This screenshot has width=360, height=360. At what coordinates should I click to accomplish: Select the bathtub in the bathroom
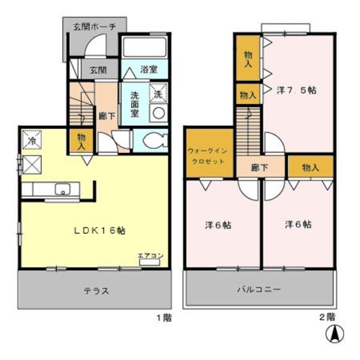145,49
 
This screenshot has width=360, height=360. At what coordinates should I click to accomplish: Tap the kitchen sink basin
61,190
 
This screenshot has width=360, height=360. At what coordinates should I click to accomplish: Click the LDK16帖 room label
101,230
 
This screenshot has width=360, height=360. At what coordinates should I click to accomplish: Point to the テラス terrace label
97,291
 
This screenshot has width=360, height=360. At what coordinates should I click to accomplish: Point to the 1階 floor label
164,317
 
